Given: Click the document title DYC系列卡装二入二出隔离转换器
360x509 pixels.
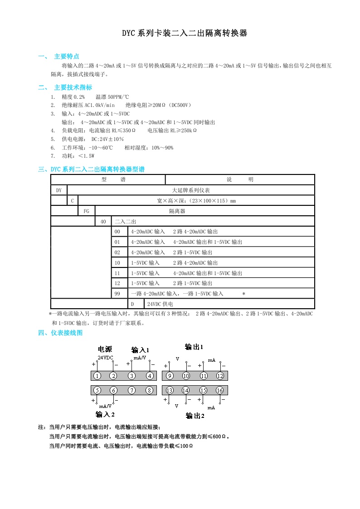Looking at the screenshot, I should [x=184, y=34].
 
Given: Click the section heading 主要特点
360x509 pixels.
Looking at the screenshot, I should [x=67, y=57].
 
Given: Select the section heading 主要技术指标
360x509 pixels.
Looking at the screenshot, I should [x=73, y=87].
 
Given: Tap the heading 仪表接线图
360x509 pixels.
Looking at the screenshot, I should [x=67, y=333].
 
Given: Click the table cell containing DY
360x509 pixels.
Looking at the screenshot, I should [x=59, y=190].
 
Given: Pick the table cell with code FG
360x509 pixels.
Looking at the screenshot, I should [x=87, y=211].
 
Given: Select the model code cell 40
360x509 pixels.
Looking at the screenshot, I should [x=103, y=222].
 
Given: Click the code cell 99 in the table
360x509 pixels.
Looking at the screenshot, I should [x=117, y=294].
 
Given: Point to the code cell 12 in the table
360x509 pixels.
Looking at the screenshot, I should [x=117, y=283].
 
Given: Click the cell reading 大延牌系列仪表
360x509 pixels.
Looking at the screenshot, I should [x=191, y=190].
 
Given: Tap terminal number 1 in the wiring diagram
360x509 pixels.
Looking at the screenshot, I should [x=97, y=376].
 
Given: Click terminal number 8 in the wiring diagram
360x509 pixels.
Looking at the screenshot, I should [x=149, y=390].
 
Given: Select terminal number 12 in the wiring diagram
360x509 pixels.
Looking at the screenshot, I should [x=220, y=376].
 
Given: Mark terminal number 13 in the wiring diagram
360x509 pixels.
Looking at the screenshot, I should [x=170, y=390].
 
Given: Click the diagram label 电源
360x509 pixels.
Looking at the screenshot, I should [x=105, y=349].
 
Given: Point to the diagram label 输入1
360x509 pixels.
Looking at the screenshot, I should [x=140, y=350].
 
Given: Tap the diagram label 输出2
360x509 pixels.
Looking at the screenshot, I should [x=195, y=416].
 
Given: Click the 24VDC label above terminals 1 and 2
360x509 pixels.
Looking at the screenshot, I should [x=106, y=358].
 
